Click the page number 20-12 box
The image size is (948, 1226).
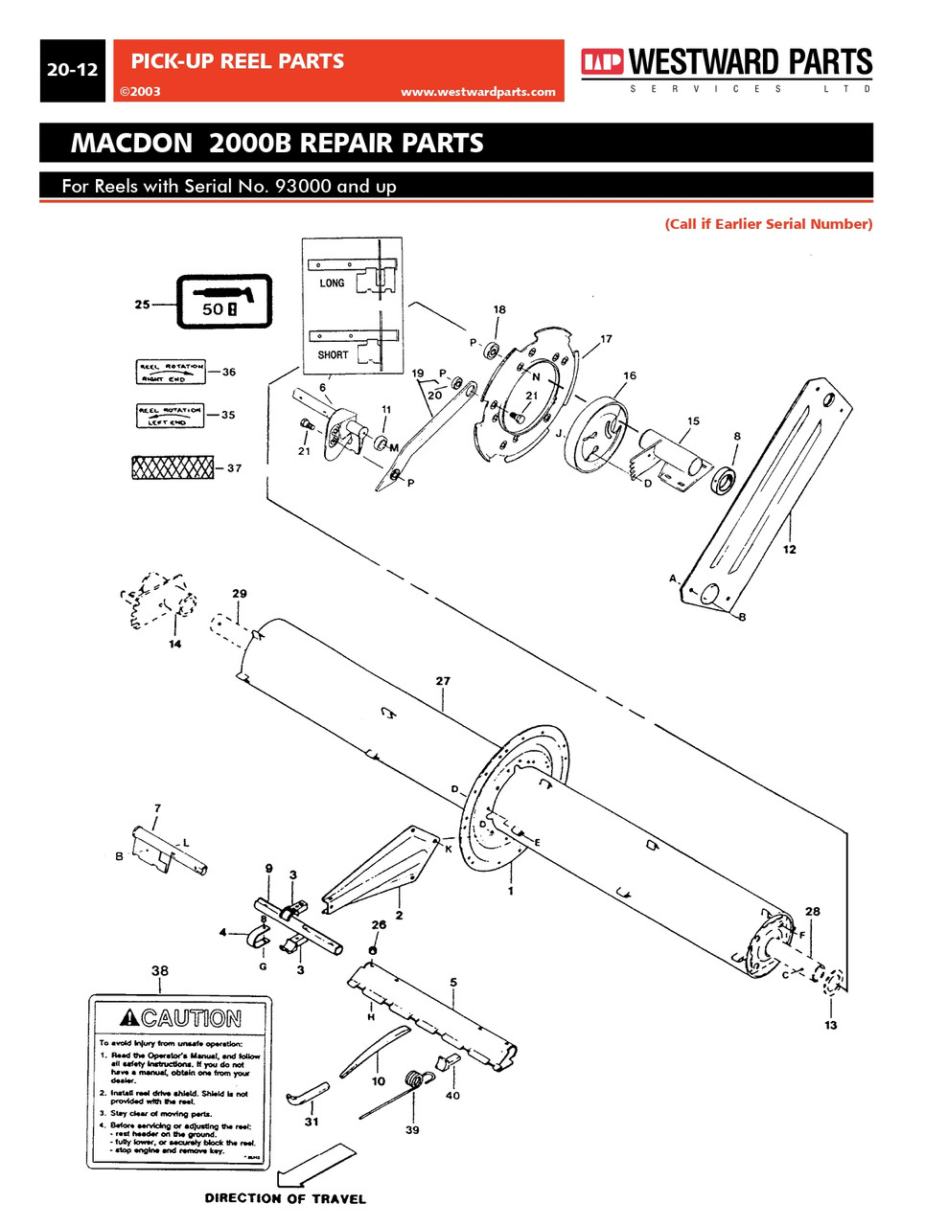72,71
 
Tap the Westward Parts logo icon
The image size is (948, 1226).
601,63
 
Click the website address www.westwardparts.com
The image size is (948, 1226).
477,92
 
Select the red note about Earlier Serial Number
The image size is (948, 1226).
768,224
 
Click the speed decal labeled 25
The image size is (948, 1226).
223,302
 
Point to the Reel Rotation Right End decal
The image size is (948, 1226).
170,373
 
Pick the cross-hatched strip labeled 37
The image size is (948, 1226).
173,467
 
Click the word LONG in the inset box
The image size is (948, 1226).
332,284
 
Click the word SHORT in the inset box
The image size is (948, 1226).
333,354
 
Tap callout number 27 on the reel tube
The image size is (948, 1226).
443,682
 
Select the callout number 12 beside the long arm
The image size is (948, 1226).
789,550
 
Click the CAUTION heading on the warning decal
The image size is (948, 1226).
181,1019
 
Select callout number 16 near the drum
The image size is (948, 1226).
629,376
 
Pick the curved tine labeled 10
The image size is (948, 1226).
373,1049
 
